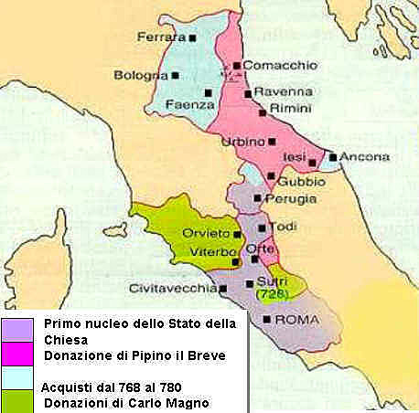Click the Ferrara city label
(x=160, y=37)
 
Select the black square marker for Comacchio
(x=236, y=66)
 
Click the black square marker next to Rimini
(x=263, y=111)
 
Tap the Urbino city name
(x=242, y=142)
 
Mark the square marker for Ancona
(x=332, y=157)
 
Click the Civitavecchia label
(x=172, y=289)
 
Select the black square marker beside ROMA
(x=266, y=320)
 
